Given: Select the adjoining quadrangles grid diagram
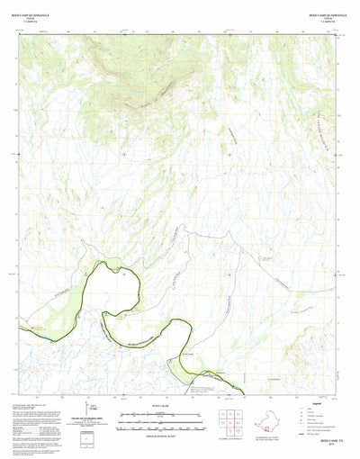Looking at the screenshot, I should tap(231, 420).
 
